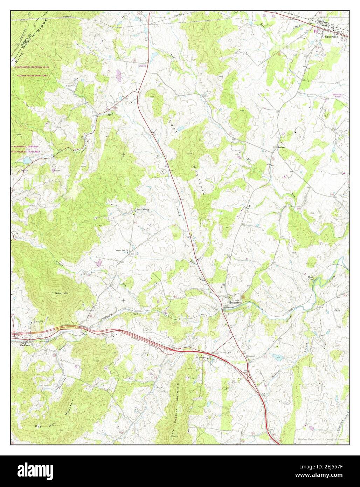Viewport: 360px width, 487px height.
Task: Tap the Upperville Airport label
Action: pyautogui.click(x=338, y=96)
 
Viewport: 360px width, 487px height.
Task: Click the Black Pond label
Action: pyautogui.click(x=311, y=278)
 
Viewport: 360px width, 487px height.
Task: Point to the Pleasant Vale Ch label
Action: pyautogui.click(x=122, y=250)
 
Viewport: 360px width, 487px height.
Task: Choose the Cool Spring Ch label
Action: pyautogui.click(x=201, y=357)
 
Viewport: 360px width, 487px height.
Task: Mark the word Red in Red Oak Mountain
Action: pyautogui.click(x=38, y=426)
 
